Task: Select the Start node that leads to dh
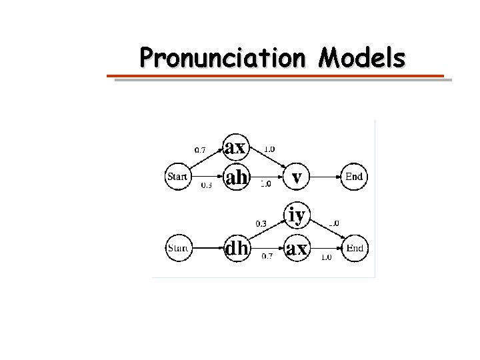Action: coord(177,249)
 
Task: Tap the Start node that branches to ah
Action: coord(177,177)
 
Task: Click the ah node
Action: coord(237,177)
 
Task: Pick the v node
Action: coord(297,177)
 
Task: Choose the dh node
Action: coord(237,249)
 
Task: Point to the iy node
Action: coord(297,215)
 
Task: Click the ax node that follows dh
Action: coord(297,249)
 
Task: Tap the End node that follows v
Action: coord(353,177)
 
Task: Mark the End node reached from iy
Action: coord(355,249)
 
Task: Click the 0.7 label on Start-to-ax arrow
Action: coord(199,149)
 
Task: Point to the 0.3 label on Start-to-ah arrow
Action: coord(207,187)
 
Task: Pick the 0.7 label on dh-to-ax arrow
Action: coord(267,256)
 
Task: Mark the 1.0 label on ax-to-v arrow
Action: coord(270,149)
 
